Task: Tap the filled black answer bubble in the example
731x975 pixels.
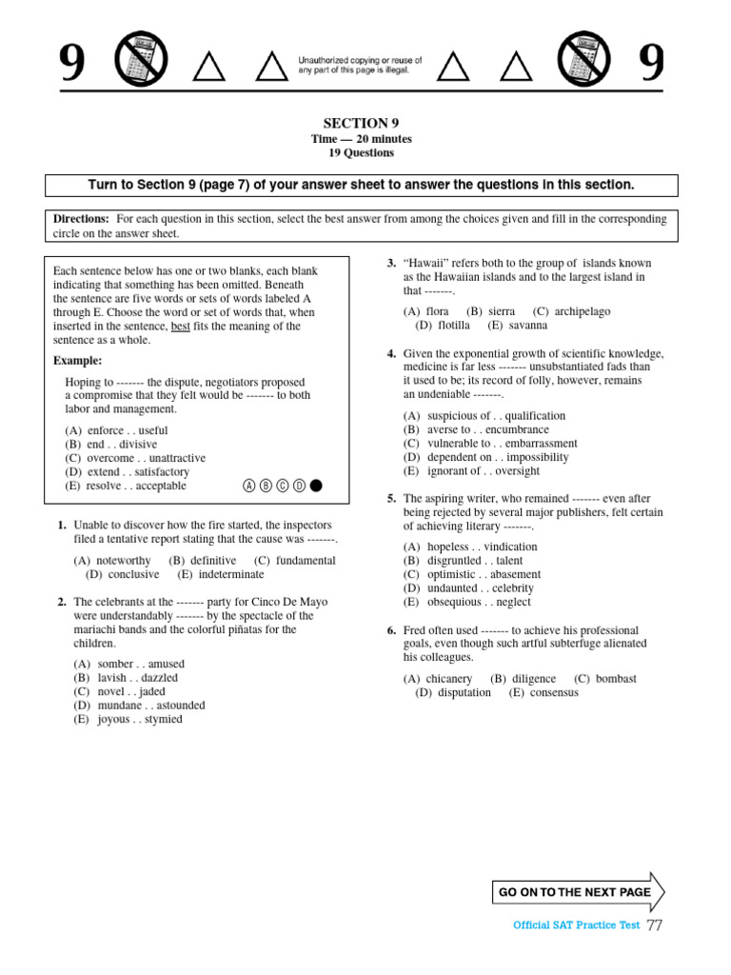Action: tap(316, 486)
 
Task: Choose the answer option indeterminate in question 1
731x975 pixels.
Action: tap(231, 574)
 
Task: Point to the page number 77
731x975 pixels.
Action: tap(655, 925)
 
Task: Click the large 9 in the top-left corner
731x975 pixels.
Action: tap(72, 64)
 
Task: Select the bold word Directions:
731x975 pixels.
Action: tap(81, 219)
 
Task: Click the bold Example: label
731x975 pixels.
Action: tap(77, 361)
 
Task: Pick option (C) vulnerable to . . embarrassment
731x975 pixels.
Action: tap(489, 444)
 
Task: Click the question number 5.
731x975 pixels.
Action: tap(391, 499)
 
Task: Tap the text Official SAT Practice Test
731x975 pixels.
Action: tap(576, 925)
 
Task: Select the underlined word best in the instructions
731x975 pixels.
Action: tap(180, 327)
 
